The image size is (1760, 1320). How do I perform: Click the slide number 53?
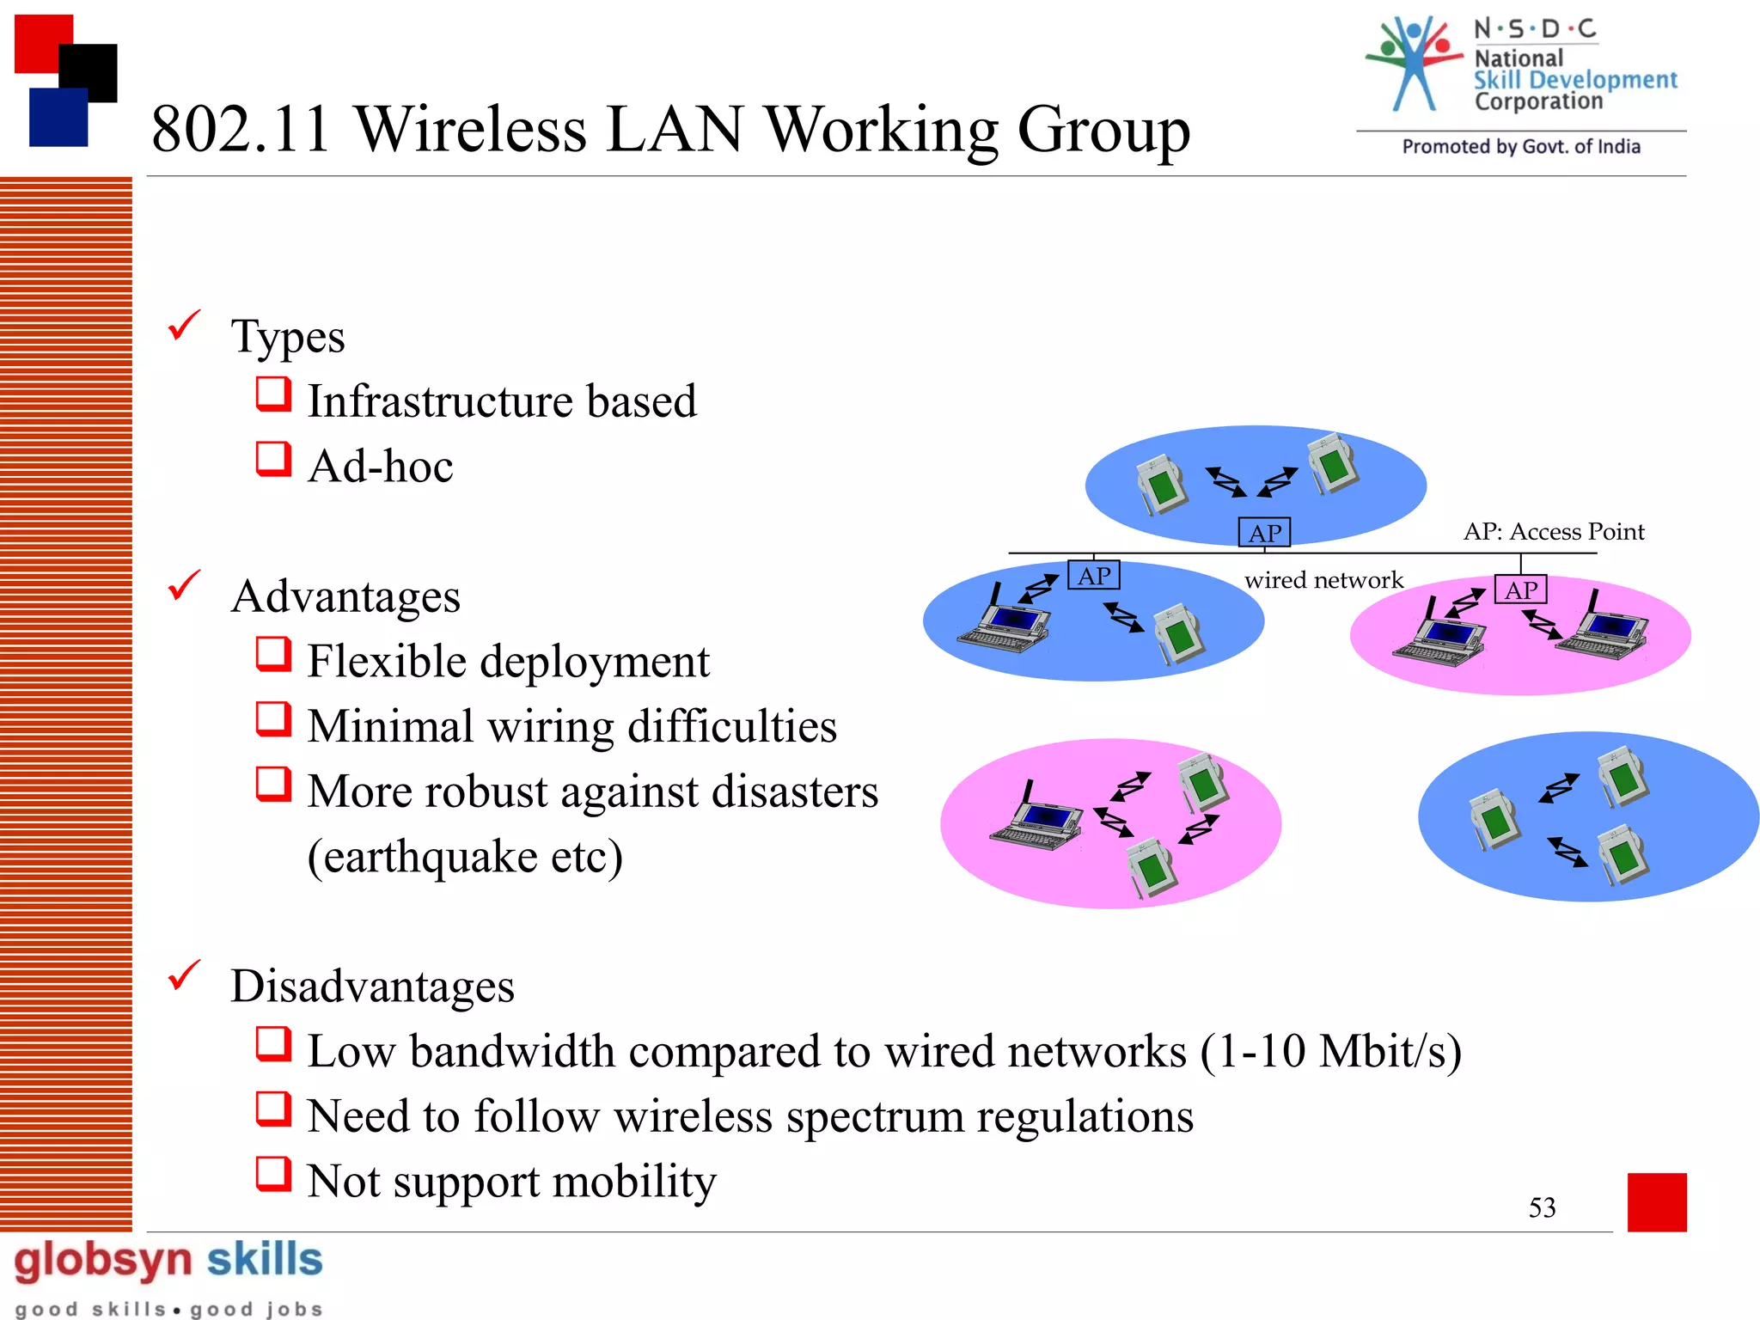1542,1207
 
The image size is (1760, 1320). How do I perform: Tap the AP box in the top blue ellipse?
1263,533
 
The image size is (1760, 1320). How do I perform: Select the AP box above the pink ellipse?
1520,590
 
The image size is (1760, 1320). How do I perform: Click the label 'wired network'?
1323,580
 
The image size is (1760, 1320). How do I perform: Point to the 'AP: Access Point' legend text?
1554,531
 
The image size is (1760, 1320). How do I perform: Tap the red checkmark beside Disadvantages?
184,975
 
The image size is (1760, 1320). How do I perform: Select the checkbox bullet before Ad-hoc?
273,459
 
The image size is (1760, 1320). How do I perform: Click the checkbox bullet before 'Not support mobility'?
273,1174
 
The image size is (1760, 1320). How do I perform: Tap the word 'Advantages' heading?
345,596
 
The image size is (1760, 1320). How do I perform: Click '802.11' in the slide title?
241,130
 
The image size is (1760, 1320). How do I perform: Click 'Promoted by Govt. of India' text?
1521,147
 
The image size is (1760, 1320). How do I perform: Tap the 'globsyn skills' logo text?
168,1261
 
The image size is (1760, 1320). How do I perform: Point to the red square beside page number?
1656,1202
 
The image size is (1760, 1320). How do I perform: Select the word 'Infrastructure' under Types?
440,401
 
